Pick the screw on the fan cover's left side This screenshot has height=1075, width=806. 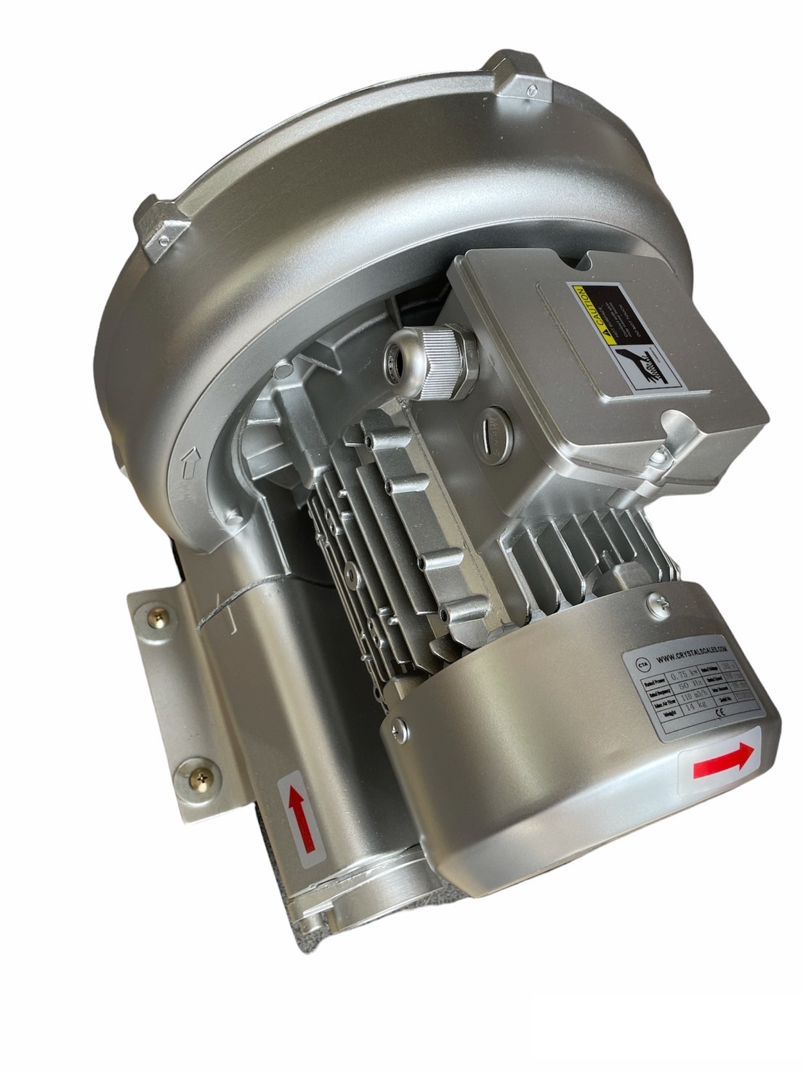(x=399, y=725)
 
